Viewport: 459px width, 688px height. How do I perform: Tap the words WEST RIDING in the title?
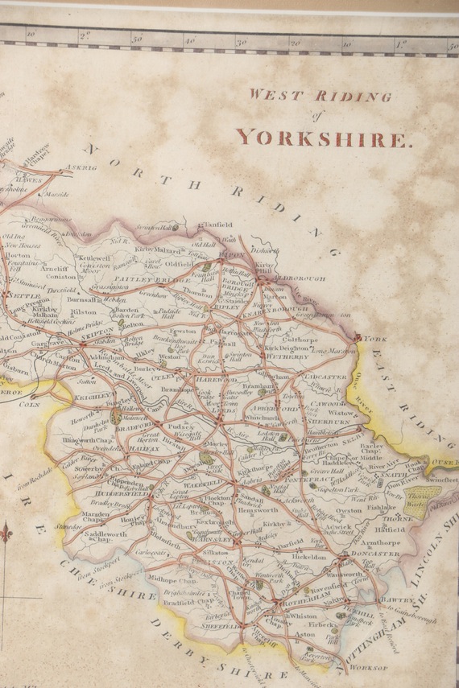(320, 95)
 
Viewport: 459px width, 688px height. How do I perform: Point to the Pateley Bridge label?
(145, 279)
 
